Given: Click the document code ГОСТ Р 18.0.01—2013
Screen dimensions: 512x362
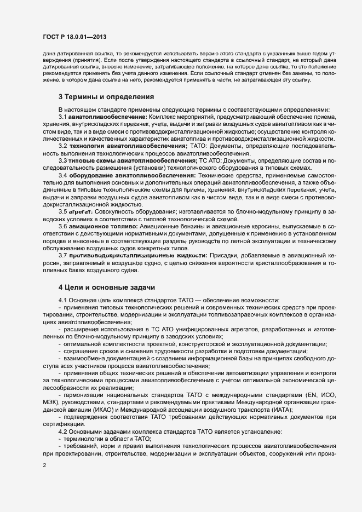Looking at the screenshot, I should tap(74, 37).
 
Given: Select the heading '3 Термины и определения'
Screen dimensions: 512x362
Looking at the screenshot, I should tap(105, 97).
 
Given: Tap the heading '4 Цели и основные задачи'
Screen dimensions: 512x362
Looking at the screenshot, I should tap(107, 287).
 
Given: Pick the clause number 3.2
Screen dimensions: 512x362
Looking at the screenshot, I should tap(62, 146).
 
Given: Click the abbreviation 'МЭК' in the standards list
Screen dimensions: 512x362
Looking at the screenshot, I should tap(51, 402).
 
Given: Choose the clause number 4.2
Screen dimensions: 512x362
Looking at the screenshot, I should tap(62, 432).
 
